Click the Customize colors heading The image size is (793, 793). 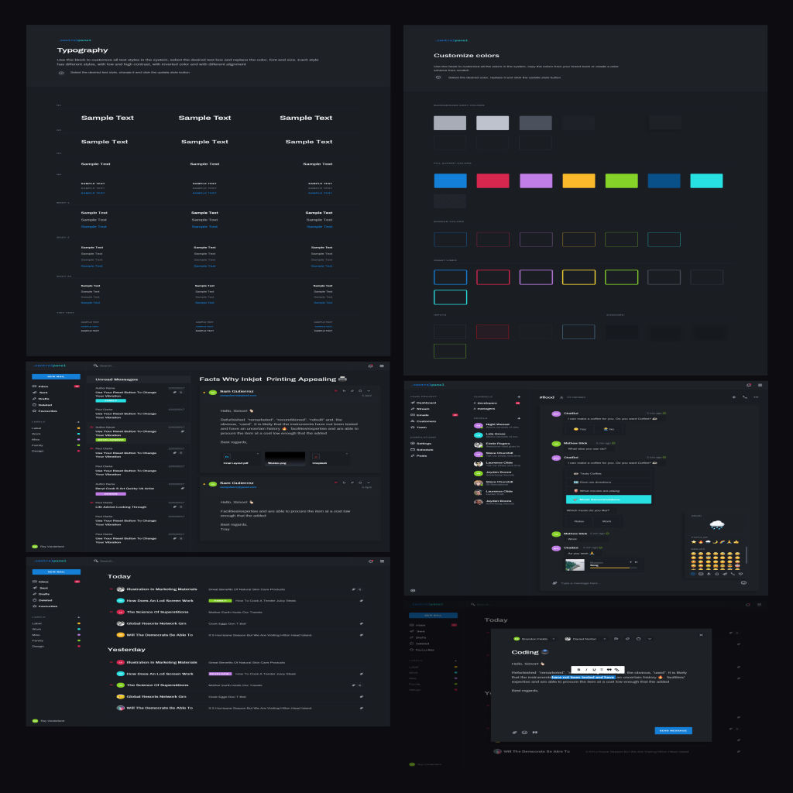coord(466,56)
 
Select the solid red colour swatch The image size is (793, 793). coord(493,180)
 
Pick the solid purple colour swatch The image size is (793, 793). coord(536,180)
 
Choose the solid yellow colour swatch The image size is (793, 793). coord(578,180)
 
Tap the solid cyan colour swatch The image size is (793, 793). coord(706,180)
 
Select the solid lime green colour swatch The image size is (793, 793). coord(621,180)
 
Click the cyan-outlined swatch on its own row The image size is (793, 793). coord(450,297)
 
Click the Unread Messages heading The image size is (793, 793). coord(116,379)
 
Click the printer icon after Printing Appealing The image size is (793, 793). coord(342,379)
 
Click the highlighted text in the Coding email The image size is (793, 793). coord(582,677)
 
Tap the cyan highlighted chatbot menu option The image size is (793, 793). coord(609,499)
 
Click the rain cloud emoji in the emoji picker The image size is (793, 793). coord(716,524)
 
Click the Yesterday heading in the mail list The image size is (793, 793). coord(126,650)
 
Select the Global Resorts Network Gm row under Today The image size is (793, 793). coord(156,623)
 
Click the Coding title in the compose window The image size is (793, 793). coord(525,652)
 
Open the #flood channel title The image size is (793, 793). coord(547,397)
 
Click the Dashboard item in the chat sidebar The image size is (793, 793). coord(426,403)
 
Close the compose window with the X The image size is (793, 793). coord(701,634)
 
